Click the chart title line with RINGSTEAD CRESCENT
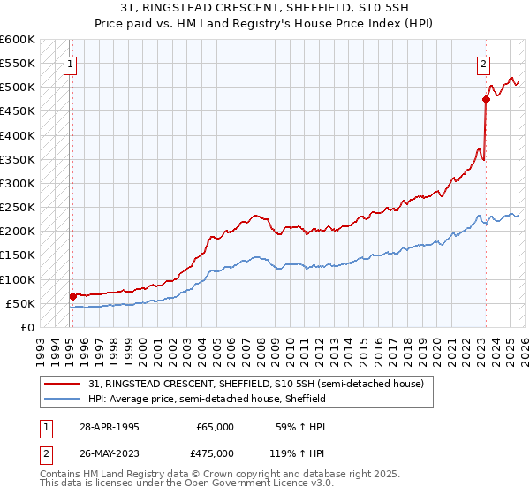[264, 8]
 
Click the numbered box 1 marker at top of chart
[70, 64]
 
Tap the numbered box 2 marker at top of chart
[484, 64]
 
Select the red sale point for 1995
[72, 296]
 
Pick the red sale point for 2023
[486, 100]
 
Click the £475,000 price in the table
[215, 453]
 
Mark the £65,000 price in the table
[215, 427]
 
